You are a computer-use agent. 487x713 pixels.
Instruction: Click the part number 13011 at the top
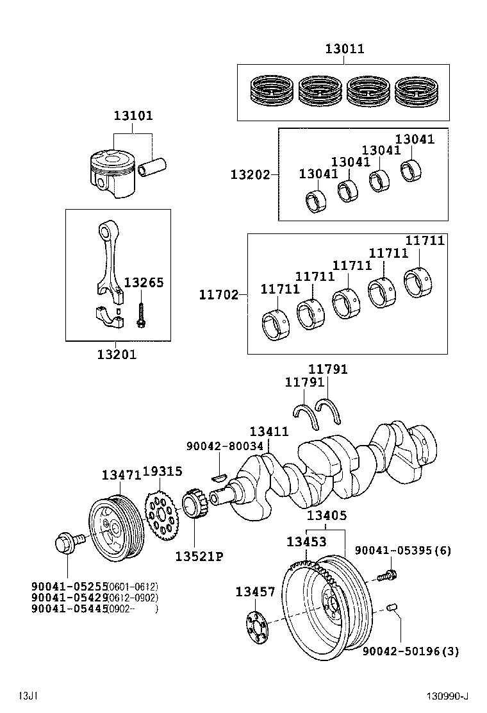(344, 49)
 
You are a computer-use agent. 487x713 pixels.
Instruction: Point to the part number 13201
(117, 354)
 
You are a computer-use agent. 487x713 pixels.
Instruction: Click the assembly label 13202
(251, 174)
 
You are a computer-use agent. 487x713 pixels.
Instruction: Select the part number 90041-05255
(69, 586)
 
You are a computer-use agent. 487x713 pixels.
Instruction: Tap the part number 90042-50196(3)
(411, 652)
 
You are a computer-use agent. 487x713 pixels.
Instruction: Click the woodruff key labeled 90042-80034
(218, 476)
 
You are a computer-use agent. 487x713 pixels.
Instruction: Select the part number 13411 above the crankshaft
(269, 432)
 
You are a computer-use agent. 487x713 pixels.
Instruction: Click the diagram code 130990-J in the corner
(449, 696)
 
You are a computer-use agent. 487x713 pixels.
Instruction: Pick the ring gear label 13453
(306, 542)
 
